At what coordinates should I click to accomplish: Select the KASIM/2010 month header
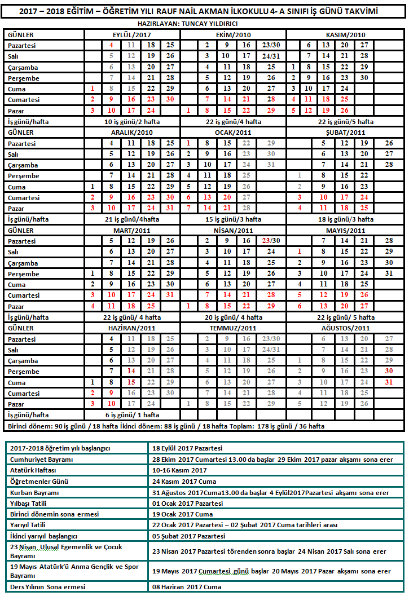tap(345, 34)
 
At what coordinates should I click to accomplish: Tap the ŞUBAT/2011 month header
tap(345, 132)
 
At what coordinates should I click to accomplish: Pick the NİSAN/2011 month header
tap(236, 230)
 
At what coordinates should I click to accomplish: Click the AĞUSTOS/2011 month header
tap(345, 328)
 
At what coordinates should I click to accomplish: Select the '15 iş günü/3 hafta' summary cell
tap(236, 219)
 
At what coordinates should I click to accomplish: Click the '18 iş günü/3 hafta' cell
tap(345, 219)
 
